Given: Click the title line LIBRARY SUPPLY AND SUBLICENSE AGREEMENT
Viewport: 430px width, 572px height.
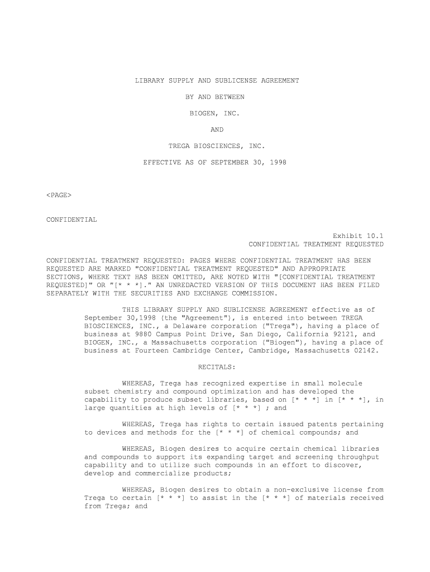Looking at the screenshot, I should [x=217, y=80].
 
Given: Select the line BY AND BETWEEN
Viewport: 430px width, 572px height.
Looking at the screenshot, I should [x=215, y=97].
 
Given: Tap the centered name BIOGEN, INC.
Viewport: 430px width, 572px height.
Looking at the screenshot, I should [x=215, y=113].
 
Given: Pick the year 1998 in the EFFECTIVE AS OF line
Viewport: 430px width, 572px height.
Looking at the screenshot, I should [x=277, y=163].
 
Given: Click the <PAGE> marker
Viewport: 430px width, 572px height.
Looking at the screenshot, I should [x=59, y=195].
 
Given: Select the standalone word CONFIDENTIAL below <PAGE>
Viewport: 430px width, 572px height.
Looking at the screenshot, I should [x=71, y=220].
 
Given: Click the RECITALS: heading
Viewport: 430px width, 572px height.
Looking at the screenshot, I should [x=217, y=367].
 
